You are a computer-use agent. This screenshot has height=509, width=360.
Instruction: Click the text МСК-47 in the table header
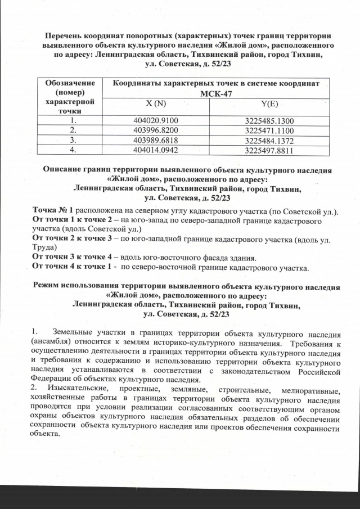coord(216,93)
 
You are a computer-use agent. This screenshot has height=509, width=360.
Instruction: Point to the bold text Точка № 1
coord(53,210)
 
